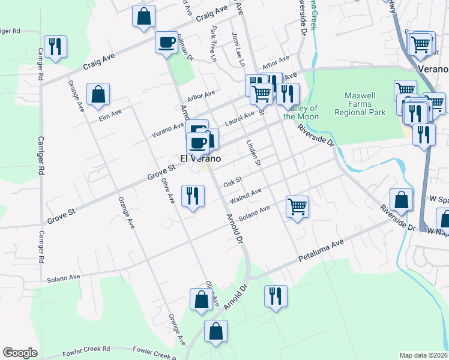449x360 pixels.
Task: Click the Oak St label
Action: pyautogui.click(x=232, y=181)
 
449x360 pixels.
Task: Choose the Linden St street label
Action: pyautogui.click(x=254, y=153)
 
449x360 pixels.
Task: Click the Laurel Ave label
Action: pyautogui.click(x=240, y=118)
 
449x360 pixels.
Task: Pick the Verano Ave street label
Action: pyautogui.click(x=167, y=127)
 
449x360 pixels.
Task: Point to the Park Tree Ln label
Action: pyautogui.click(x=212, y=43)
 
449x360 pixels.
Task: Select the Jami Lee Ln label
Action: pyautogui.click(x=237, y=49)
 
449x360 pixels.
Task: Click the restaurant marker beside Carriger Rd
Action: pyautogui.click(x=55, y=47)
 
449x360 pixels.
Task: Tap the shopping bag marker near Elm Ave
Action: pyautogui.click(x=98, y=94)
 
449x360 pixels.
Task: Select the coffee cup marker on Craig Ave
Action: pyautogui.click(x=166, y=42)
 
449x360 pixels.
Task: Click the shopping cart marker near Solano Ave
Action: pyautogui.click(x=297, y=206)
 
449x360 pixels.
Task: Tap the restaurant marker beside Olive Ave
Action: pyautogui.click(x=192, y=196)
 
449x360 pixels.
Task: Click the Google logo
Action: pyautogui.click(x=20, y=353)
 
